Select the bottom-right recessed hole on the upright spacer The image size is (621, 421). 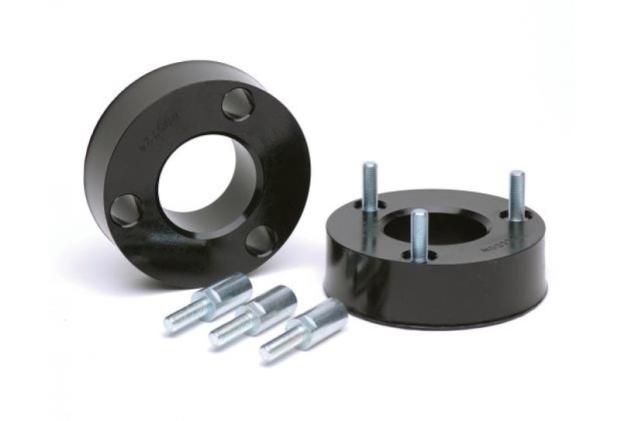(260, 241)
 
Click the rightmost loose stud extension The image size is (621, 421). (304, 329)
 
